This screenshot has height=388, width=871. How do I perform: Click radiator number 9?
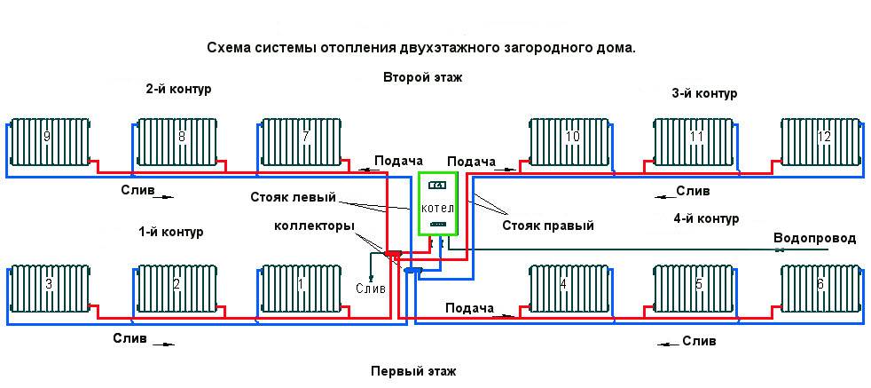pos(50,142)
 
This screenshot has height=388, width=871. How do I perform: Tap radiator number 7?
pos(301,142)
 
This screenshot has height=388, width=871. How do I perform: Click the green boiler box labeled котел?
pos(438,204)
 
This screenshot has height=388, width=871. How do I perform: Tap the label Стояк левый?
pos(293,197)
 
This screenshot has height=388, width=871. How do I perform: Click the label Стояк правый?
pos(548,226)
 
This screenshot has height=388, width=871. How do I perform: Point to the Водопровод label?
pos(815,239)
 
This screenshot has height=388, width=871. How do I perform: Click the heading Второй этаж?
pos(422,77)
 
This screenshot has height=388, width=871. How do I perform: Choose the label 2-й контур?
pos(177,89)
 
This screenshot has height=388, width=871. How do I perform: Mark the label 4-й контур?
pos(706,218)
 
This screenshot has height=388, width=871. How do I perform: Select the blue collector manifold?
pos(412,270)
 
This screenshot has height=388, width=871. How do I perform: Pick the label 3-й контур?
pos(704,93)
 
